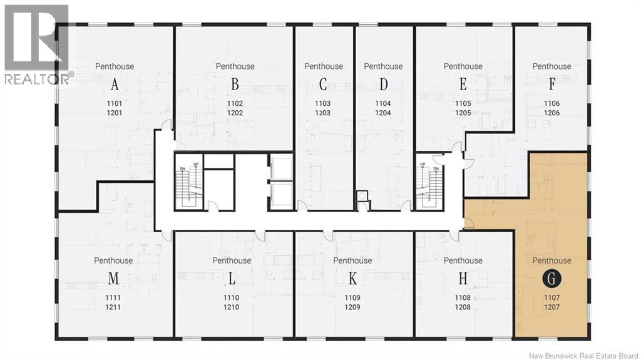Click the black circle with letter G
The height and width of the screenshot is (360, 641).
click(551, 279)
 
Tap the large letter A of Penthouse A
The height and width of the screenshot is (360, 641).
click(115, 85)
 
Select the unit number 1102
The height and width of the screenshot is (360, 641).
click(235, 103)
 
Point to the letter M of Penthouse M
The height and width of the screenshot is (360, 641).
click(113, 279)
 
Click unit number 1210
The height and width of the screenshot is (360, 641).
click(232, 307)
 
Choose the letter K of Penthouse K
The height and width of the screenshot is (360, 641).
click(352, 279)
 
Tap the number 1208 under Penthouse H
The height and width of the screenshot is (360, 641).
click(463, 307)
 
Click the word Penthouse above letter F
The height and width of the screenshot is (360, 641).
click(551, 66)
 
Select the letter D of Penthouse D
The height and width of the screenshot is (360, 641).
click(383, 85)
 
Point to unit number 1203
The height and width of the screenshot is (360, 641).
click(322, 113)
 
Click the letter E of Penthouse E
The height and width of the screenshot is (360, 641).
click(463, 85)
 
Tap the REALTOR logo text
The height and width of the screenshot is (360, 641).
click(37, 79)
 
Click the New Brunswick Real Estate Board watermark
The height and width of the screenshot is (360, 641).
click(583, 356)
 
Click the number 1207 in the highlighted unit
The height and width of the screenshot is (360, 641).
click(551, 307)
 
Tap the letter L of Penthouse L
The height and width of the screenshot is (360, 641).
click(232, 279)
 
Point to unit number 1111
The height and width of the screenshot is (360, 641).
click(113, 298)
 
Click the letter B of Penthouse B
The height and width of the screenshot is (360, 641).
click(235, 85)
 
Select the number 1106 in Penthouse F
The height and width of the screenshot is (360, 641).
click(551, 103)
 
